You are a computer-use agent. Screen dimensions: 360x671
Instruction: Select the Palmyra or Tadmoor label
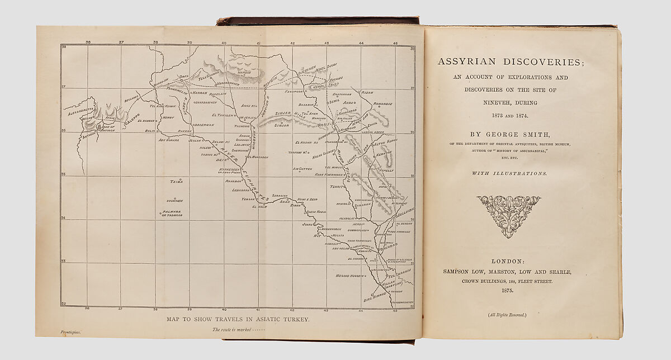(x=172, y=214)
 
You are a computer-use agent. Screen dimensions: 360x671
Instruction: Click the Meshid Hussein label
(x=349, y=276)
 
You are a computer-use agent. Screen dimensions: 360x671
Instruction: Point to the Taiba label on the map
(x=176, y=181)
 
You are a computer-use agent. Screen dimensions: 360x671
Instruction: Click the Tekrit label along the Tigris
(x=337, y=187)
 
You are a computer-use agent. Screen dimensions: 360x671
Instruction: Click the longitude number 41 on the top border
(x=258, y=42)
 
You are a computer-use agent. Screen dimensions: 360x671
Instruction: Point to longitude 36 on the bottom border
(x=87, y=309)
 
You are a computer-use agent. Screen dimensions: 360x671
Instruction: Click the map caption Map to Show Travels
(x=238, y=320)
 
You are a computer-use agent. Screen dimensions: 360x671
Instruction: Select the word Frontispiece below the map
(x=71, y=332)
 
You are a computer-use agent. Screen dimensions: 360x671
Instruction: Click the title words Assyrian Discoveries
(x=511, y=62)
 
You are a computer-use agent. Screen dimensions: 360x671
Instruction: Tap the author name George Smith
(x=511, y=135)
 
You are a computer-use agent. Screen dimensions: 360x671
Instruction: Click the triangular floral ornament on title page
(x=509, y=215)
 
